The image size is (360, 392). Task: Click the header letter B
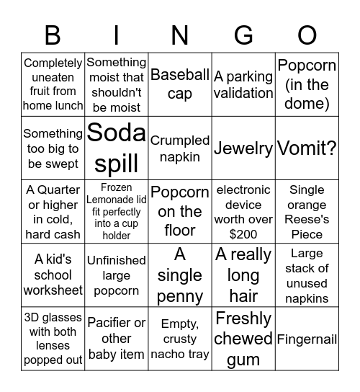click(x=53, y=34)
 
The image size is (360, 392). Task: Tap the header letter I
click(x=117, y=34)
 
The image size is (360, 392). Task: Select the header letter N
click(x=180, y=34)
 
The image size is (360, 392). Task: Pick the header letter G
click(x=243, y=34)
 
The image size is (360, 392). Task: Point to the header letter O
click(x=307, y=34)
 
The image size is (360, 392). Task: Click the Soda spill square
click(x=117, y=148)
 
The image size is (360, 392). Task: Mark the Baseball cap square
click(x=180, y=84)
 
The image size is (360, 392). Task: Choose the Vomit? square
click(x=307, y=148)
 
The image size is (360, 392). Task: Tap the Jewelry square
click(x=243, y=148)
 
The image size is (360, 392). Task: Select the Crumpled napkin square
click(x=180, y=148)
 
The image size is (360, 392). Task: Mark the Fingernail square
click(x=307, y=339)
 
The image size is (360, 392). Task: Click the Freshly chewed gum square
click(x=243, y=339)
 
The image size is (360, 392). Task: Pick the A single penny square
click(x=180, y=275)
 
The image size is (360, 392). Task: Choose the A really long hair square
click(x=243, y=275)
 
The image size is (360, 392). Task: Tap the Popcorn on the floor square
click(x=180, y=212)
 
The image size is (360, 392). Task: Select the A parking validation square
click(x=243, y=84)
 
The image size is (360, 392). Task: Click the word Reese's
click(x=307, y=219)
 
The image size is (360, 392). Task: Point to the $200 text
click(x=243, y=234)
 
